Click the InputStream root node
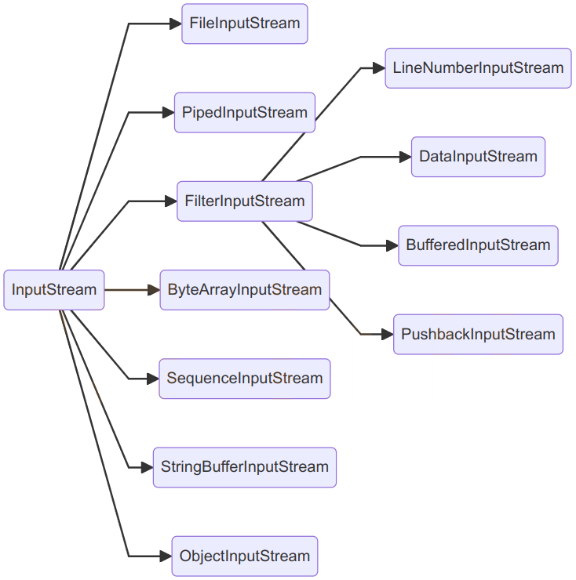[x=53, y=290]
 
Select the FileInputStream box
[x=244, y=24]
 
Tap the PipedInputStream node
[x=244, y=112]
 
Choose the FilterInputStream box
[x=244, y=201]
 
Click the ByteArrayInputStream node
[x=244, y=290]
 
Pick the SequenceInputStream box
[x=244, y=379]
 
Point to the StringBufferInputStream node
[x=244, y=467]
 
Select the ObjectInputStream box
[x=244, y=556]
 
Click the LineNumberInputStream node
[x=478, y=68]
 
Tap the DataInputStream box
[x=478, y=157]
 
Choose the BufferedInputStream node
[x=478, y=245]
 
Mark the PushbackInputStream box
[x=478, y=335]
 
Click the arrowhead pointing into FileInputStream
[x=175, y=24]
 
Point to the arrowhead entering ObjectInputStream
[x=165, y=556]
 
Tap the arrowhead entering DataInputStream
[x=405, y=157]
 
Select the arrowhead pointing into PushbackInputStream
[x=387, y=335]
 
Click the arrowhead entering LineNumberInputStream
[x=378, y=68]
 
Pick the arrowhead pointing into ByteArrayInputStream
[x=153, y=290]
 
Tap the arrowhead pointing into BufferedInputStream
[x=392, y=245]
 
